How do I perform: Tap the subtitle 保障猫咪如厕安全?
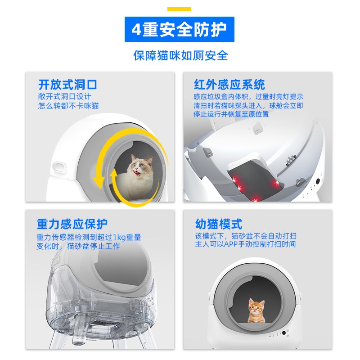coord(180,55)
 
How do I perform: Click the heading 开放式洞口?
coord(67,84)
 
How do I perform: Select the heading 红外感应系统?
coord(229,84)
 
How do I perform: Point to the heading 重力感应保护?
coord(72,224)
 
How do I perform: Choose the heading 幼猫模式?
coord(218,224)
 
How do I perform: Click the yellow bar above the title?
coord(179,9)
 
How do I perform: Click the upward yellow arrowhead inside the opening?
coord(113,173)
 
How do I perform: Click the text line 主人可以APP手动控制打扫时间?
coord(245,244)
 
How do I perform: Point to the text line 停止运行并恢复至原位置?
coord(231,114)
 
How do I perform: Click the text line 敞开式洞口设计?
coord(65,96)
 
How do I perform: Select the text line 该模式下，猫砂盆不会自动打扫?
coord(246,236)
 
